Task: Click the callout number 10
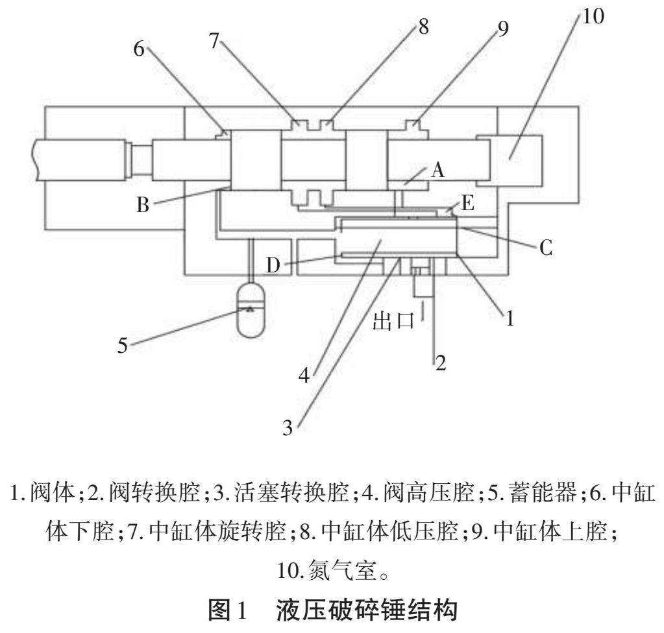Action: (x=592, y=16)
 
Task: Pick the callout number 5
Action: (x=122, y=346)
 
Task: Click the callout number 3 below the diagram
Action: (x=288, y=427)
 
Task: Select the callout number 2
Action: (x=441, y=363)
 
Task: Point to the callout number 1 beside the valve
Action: (x=510, y=318)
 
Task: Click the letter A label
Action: (x=438, y=170)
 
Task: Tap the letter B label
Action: (x=143, y=206)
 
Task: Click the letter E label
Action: (x=467, y=204)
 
